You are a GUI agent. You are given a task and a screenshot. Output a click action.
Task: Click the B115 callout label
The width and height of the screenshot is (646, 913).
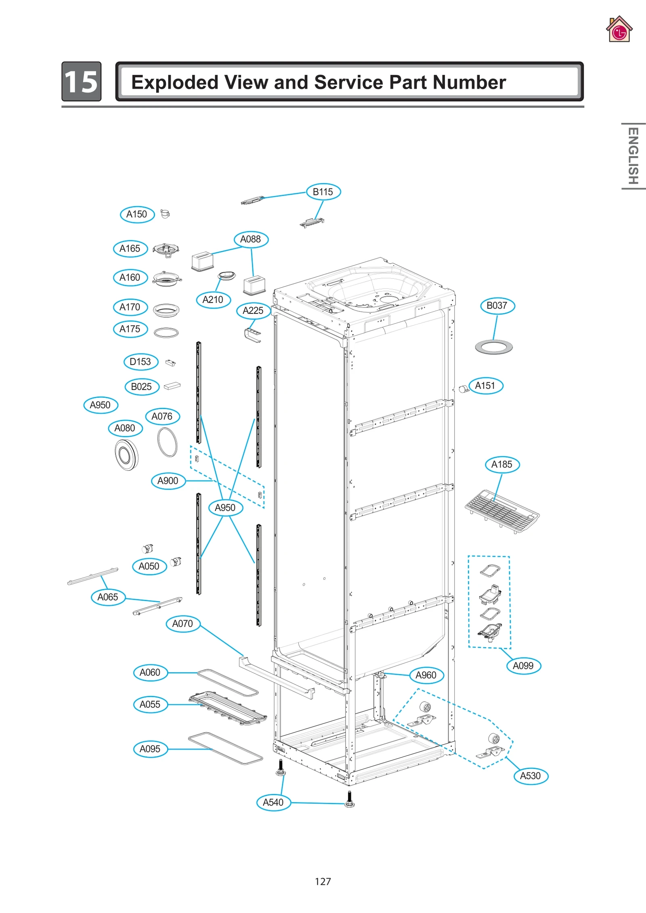[323, 192]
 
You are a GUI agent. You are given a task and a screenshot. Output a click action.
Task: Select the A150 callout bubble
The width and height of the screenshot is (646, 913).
[137, 214]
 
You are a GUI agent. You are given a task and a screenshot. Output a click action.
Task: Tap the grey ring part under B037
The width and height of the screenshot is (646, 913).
[493, 347]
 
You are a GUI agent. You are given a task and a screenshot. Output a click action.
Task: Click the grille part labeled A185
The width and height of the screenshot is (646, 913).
[502, 511]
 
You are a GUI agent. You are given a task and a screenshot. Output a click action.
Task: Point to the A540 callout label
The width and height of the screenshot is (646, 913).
[273, 802]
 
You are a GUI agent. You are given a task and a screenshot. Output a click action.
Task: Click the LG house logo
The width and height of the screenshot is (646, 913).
[619, 30]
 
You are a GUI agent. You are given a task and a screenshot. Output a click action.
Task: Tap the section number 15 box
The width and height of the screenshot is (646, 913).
[82, 81]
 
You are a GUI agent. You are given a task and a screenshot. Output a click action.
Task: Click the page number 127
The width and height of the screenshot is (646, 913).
[323, 881]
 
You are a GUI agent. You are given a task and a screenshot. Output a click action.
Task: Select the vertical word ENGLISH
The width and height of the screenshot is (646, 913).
[633, 156]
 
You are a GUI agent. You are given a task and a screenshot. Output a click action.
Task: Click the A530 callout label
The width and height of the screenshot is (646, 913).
[530, 775]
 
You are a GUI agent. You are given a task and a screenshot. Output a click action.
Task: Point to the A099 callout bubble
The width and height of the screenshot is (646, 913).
[523, 665]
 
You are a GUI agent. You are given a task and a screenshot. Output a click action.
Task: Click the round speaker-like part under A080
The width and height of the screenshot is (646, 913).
[126, 455]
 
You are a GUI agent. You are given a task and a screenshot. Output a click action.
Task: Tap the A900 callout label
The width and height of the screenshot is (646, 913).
[168, 481]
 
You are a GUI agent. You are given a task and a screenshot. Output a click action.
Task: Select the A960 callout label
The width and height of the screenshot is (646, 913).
[426, 675]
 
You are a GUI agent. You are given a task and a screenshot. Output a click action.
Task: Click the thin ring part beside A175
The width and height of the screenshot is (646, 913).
[166, 332]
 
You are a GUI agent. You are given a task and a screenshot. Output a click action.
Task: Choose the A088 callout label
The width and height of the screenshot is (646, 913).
[251, 239]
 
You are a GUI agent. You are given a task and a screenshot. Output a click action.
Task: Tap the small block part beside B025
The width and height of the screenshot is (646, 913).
[172, 386]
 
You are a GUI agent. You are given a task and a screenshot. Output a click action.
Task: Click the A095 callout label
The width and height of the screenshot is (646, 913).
[150, 749]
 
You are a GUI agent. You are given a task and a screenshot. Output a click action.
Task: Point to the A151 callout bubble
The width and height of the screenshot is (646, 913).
[485, 386]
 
